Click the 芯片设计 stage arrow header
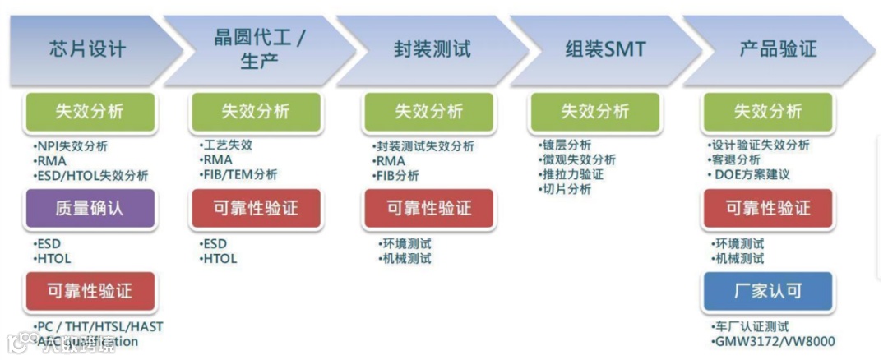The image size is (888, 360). [87, 49]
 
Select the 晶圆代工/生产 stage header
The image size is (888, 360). [259, 49]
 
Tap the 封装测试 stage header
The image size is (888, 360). [432, 49]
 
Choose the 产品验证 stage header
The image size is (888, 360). [778, 49]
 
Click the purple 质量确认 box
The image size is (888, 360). [90, 208]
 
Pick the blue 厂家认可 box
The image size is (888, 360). [767, 292]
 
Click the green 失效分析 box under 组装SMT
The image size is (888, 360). [594, 112]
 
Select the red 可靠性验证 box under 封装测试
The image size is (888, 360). [428, 208]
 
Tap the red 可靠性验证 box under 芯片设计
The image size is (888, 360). [90, 292]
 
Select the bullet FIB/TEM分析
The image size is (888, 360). [239, 175]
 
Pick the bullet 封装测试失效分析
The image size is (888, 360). [423, 147]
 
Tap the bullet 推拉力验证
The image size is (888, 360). [571, 174]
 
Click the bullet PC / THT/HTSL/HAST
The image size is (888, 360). [99, 327]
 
